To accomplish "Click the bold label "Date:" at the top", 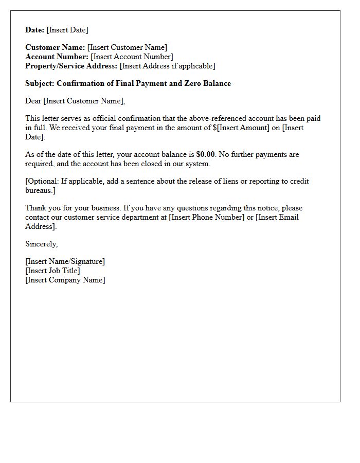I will (35, 30).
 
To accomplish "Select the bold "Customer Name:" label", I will (55, 48).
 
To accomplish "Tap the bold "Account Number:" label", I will (57, 57).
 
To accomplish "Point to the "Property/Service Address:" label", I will (71, 66).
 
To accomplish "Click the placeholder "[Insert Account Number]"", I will (132, 57).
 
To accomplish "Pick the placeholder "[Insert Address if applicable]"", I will (167, 66).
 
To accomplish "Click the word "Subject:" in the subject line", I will (40, 83).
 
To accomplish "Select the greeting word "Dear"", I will (33, 101).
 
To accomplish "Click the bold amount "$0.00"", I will (205, 154).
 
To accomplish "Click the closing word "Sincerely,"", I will (42, 244).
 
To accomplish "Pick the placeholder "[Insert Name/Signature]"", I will (65, 261).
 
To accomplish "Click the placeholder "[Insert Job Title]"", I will (52, 271).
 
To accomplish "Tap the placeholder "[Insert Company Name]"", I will (65, 280).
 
